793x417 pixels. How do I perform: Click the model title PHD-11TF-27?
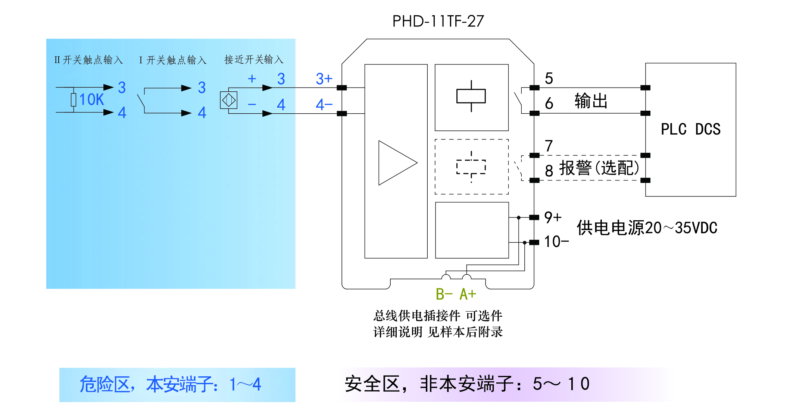click(438, 21)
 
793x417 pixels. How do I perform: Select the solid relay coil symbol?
click(471, 96)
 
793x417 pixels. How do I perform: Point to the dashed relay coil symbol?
click(471, 167)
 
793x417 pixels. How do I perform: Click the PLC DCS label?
click(690, 129)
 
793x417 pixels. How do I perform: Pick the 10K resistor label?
click(91, 100)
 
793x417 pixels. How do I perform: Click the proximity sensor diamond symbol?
click(229, 100)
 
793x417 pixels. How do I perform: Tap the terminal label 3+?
click(324, 79)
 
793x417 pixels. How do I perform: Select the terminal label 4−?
click(324, 105)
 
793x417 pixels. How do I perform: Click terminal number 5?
click(549, 79)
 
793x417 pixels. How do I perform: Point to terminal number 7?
click(549, 146)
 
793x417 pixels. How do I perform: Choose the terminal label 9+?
click(553, 217)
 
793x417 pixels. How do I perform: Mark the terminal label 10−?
click(556, 242)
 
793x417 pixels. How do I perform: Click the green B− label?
click(444, 294)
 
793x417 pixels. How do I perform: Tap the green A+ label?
click(468, 294)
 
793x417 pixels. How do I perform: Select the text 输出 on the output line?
click(591, 101)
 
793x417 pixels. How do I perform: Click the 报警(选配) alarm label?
click(599, 168)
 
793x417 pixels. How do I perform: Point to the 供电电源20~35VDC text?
click(647, 228)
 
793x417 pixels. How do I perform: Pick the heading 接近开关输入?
click(254, 60)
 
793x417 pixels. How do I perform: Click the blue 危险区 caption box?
click(177, 385)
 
